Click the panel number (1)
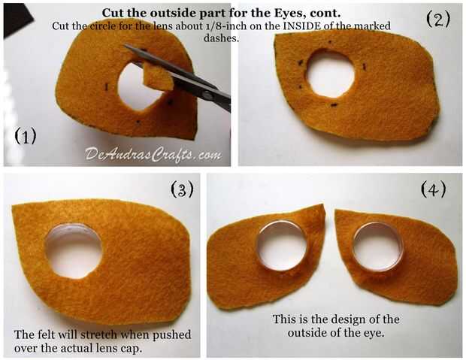[26, 136]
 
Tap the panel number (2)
[438, 19]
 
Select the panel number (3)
[182, 189]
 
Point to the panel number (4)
[434, 189]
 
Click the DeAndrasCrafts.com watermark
[153, 155]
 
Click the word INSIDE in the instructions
[301, 26]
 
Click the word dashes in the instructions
[222, 38]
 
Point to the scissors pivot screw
[207, 95]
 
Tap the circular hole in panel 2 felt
[331, 74]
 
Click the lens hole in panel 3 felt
[74, 251]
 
